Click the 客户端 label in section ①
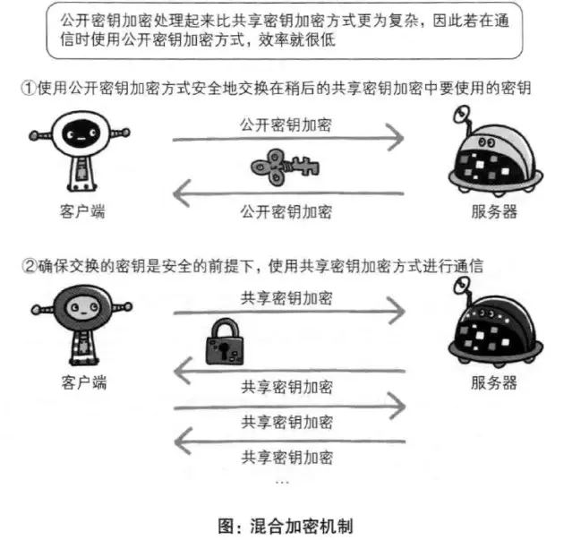click(x=75, y=212)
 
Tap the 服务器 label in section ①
click(x=493, y=212)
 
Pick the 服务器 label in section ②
click(x=493, y=383)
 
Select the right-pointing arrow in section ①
click(x=286, y=139)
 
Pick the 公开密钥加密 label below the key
click(x=286, y=211)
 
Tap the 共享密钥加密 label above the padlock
click(x=286, y=296)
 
